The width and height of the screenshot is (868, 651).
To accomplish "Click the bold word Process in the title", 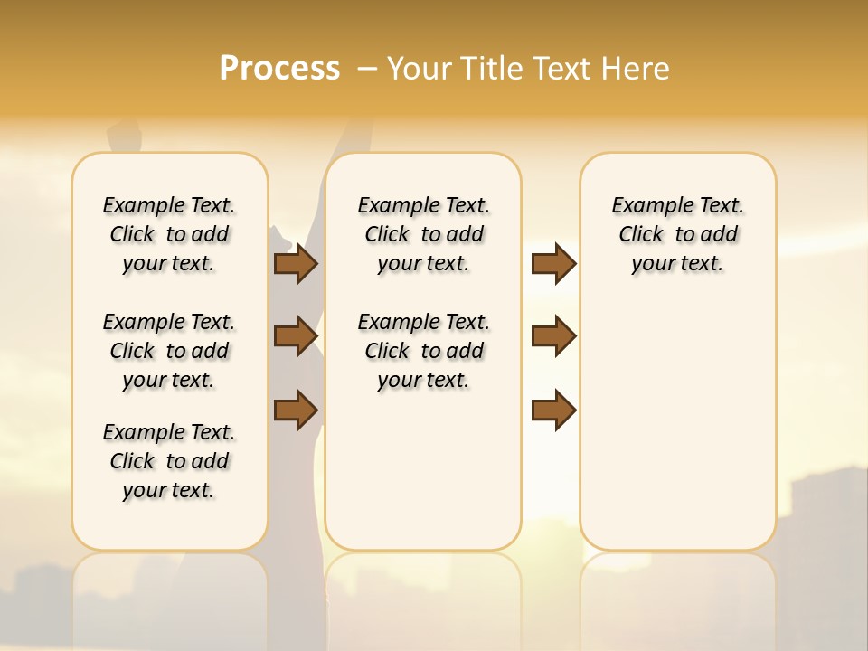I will pyautogui.click(x=279, y=68).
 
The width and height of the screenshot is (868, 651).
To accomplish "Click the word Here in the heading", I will pyautogui.click(x=637, y=68).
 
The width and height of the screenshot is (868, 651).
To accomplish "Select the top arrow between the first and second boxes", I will pyautogui.click(x=295, y=263).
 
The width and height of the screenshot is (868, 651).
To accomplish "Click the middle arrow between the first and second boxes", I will pyautogui.click(x=295, y=336).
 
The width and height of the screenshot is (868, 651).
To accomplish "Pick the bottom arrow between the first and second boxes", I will pyautogui.click(x=295, y=410).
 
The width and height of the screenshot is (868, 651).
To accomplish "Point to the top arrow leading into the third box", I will pyautogui.click(x=553, y=263).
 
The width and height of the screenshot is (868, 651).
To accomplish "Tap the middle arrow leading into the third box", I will pyautogui.click(x=553, y=336).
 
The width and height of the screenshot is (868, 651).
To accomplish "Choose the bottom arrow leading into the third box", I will pyautogui.click(x=553, y=410).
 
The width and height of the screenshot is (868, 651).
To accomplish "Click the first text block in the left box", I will pyautogui.click(x=169, y=234).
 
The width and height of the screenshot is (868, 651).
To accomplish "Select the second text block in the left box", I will pyautogui.click(x=169, y=351).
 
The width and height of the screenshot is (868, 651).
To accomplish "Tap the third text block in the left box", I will pyautogui.click(x=169, y=461).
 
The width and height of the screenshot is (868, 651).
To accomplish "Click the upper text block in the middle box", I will pyautogui.click(x=423, y=234).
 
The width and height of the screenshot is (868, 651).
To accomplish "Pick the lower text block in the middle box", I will pyautogui.click(x=423, y=351).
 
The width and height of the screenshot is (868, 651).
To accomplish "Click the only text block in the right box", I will pyautogui.click(x=677, y=234).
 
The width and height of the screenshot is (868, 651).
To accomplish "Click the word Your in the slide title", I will pyautogui.click(x=420, y=68).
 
